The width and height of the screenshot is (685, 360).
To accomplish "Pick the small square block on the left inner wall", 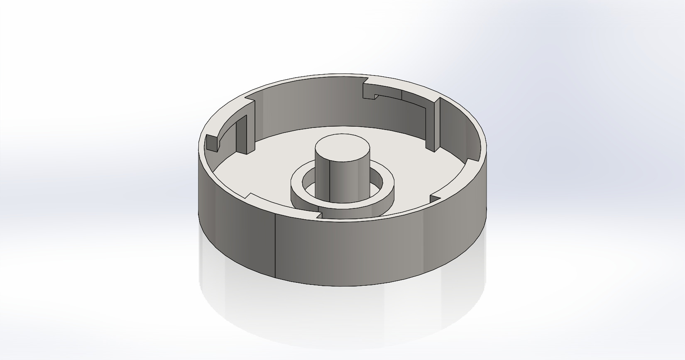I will (x=211, y=143).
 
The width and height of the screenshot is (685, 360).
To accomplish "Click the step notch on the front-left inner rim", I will (x=249, y=196).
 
